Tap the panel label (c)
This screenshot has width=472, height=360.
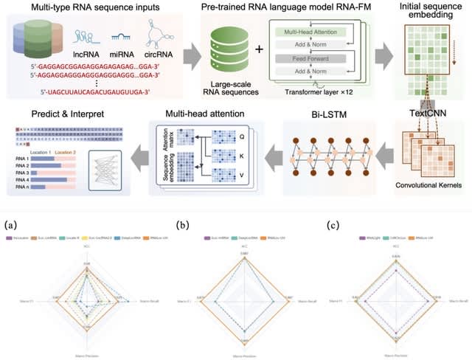(x=332, y=224)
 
